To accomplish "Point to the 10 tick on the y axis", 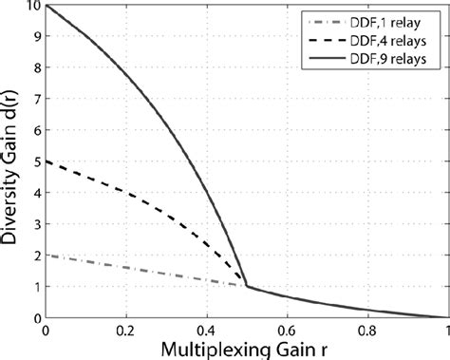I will point(33,7).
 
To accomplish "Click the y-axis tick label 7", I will point(36,100).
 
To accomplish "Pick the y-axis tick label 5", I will point(36,161).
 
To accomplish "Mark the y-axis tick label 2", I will point(36,255).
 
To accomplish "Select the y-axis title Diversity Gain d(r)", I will point(11,161).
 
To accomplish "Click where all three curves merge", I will point(247,286).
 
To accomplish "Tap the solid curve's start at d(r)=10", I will point(46,7).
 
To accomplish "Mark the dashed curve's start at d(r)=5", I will point(46,161).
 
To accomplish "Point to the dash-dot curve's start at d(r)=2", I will point(46,255).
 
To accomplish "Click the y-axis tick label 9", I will point(36,38).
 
